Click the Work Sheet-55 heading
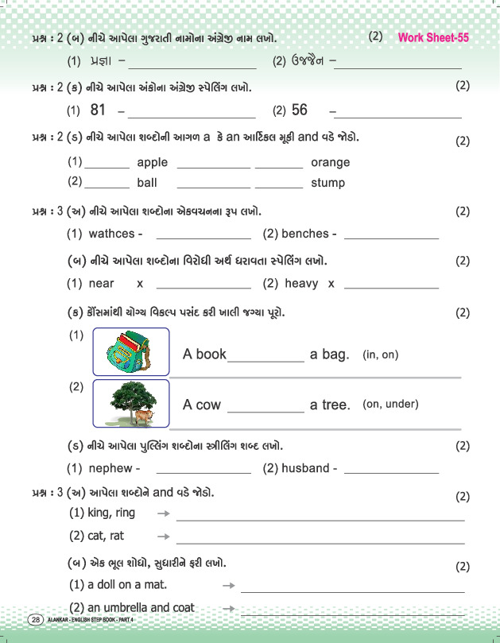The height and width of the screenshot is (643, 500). click(x=433, y=37)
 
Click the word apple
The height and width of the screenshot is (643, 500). click(x=153, y=162)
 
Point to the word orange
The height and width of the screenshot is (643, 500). click(x=330, y=162)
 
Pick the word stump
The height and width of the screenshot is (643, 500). click(x=328, y=183)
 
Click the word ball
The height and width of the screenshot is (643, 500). click(x=147, y=183)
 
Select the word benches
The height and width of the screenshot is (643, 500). click(x=304, y=234)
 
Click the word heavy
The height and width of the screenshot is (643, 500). click(x=301, y=283)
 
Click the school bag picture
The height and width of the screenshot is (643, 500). click(x=131, y=351)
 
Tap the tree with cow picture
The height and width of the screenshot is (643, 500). click(x=131, y=403)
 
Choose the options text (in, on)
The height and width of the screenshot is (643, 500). click(x=380, y=354)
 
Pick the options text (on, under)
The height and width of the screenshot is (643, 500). click(x=390, y=404)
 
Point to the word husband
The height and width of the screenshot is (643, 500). click(x=306, y=468)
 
